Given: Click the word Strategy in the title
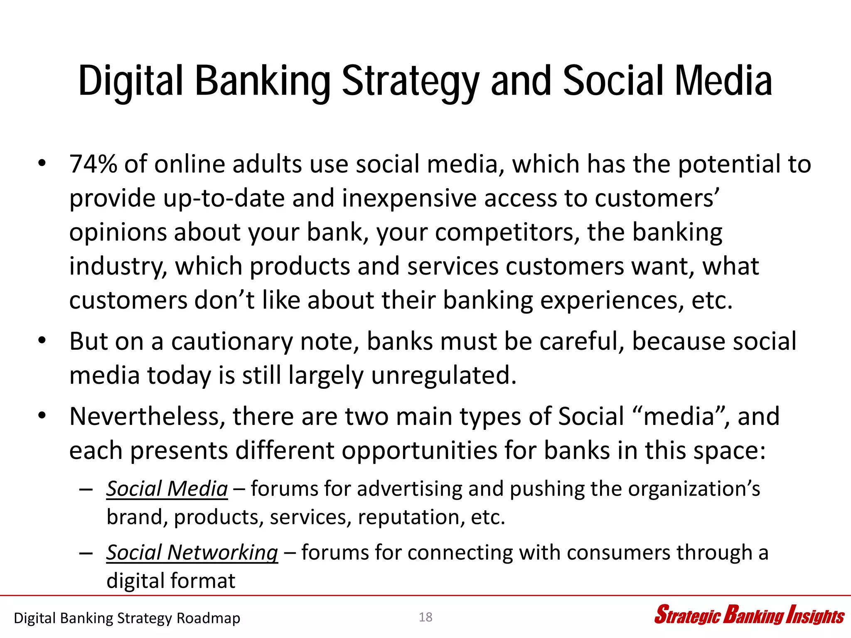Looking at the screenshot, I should click(x=410, y=81).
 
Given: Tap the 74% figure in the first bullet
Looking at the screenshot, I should click(x=93, y=164).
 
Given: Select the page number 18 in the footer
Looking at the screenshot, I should click(x=425, y=617).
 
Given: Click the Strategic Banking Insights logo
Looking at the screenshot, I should click(x=749, y=616).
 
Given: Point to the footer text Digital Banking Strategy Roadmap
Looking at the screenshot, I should click(x=127, y=618).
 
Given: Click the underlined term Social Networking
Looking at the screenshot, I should click(x=192, y=553).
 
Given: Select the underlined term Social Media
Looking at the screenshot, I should click(x=167, y=489).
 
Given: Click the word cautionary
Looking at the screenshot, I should click(x=232, y=342).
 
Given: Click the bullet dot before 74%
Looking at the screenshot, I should click(x=41, y=164).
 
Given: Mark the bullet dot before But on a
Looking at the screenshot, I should click(x=41, y=341).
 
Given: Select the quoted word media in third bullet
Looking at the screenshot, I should click(x=678, y=417).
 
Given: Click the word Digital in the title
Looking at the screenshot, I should click(x=130, y=81).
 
